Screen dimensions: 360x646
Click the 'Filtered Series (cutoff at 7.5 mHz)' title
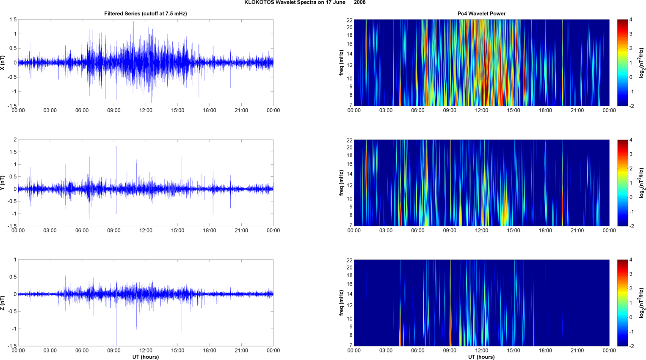click(x=146, y=14)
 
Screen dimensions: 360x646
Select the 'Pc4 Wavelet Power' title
click(x=481, y=14)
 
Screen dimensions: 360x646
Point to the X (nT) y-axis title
click(x=3, y=63)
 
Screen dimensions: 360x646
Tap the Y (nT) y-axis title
click(x=3, y=183)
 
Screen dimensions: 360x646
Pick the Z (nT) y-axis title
click(x=3, y=303)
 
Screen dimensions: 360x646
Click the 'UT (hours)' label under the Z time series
click(x=146, y=357)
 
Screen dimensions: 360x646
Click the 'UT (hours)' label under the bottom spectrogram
click(x=481, y=357)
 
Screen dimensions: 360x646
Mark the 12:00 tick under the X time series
click(x=146, y=110)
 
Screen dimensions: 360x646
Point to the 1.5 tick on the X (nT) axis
click(x=13, y=20)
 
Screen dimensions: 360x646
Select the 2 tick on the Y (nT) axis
click(x=15, y=140)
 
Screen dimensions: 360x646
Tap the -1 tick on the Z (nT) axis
click(x=14, y=329)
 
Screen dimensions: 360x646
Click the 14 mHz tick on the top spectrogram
click(x=349, y=54)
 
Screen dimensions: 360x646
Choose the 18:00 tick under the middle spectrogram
click(x=545, y=231)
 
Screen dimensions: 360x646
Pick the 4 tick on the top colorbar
click(x=631, y=20)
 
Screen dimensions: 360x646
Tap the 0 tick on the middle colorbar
click(x=631, y=197)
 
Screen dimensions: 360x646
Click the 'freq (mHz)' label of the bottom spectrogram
click(x=341, y=303)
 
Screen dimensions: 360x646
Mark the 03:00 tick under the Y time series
click(x=50, y=231)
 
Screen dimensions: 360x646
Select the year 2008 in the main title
click(x=360, y=3)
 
